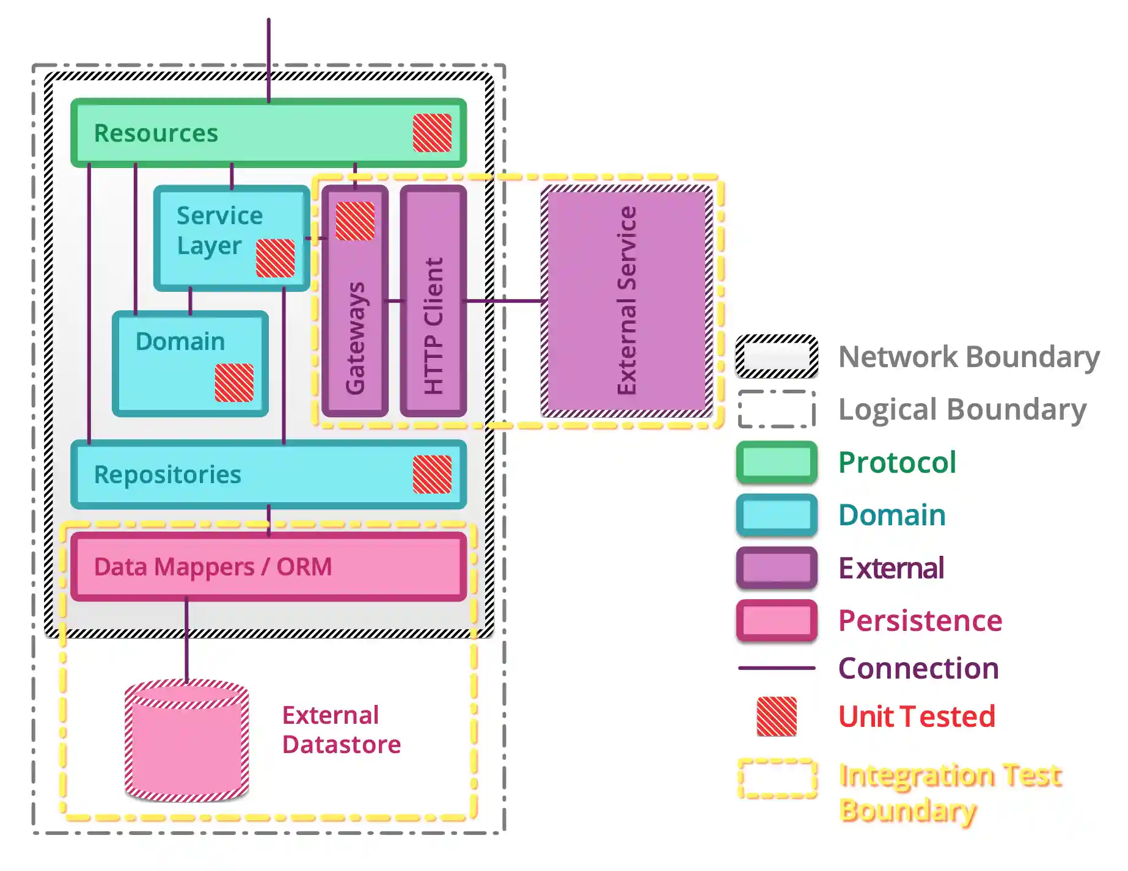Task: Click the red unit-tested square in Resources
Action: pyautogui.click(x=432, y=133)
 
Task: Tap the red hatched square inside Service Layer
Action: pyautogui.click(x=275, y=258)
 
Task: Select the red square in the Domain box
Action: pyautogui.click(x=234, y=382)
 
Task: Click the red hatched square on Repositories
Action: pyautogui.click(x=432, y=474)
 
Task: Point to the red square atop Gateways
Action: pyautogui.click(x=355, y=220)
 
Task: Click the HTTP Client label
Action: pyautogui.click(x=433, y=325)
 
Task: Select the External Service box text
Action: pyautogui.click(x=627, y=301)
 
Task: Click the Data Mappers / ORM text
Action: pyautogui.click(x=213, y=567)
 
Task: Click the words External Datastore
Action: pyautogui.click(x=341, y=729)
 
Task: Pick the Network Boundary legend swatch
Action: pyautogui.click(x=777, y=356)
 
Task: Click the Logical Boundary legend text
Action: pyautogui.click(x=962, y=409)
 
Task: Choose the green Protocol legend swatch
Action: pyautogui.click(x=777, y=462)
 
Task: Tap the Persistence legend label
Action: pyautogui.click(x=920, y=621)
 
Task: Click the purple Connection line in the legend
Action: pyautogui.click(x=777, y=668)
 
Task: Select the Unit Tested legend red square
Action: pyautogui.click(x=777, y=716)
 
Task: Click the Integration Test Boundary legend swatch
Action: pyautogui.click(x=777, y=778)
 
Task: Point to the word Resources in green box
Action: pyautogui.click(x=156, y=133)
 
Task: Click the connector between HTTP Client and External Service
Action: pyautogui.click(x=505, y=301)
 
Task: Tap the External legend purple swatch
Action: pyautogui.click(x=777, y=568)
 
